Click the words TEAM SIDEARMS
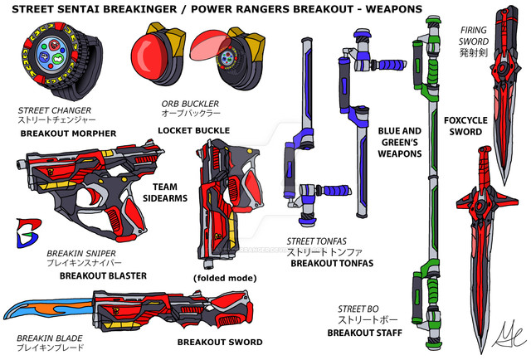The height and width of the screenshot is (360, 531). (x=170, y=192)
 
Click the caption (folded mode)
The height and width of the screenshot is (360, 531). (x=222, y=278)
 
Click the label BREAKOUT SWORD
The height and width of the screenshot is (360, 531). (x=219, y=342)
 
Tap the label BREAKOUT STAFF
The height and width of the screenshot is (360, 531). (x=364, y=333)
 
